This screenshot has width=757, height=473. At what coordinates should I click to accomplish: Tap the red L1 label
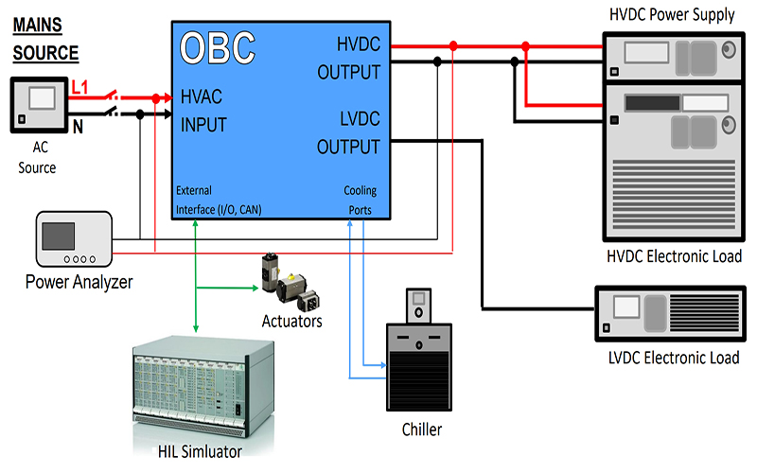82,88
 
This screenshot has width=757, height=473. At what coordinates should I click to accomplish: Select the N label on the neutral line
79,123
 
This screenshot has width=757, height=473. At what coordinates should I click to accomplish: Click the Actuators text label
292,322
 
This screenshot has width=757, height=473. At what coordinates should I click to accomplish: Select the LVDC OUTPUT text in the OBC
348,133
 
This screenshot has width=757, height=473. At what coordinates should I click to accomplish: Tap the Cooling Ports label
360,200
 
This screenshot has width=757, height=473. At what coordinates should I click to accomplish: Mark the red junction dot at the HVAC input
155,97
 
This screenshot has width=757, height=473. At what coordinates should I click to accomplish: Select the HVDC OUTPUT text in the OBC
348,59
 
